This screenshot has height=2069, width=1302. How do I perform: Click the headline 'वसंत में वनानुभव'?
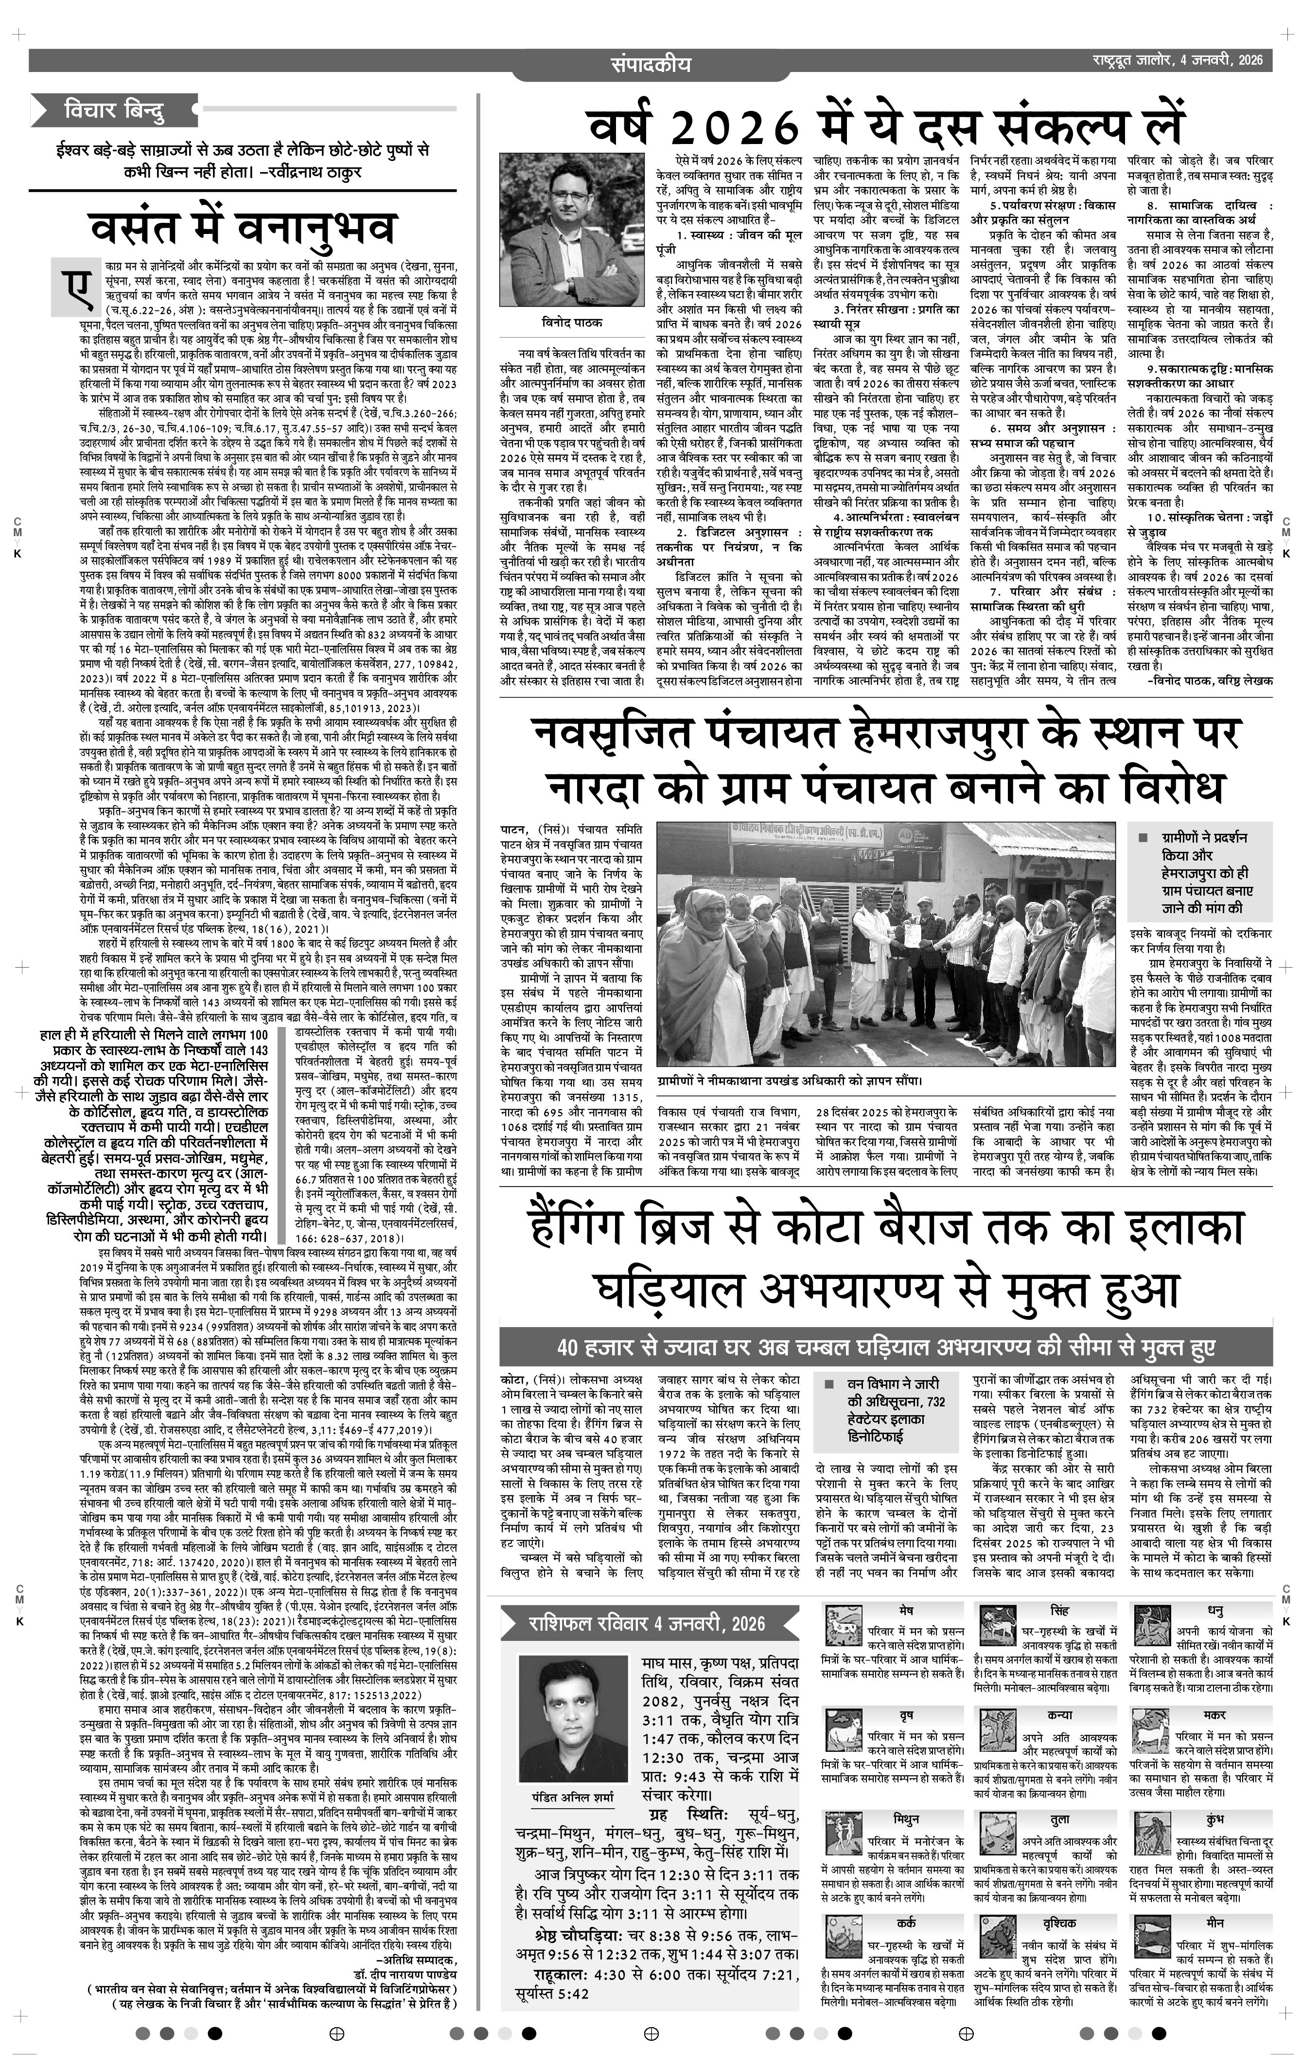point(243,228)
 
